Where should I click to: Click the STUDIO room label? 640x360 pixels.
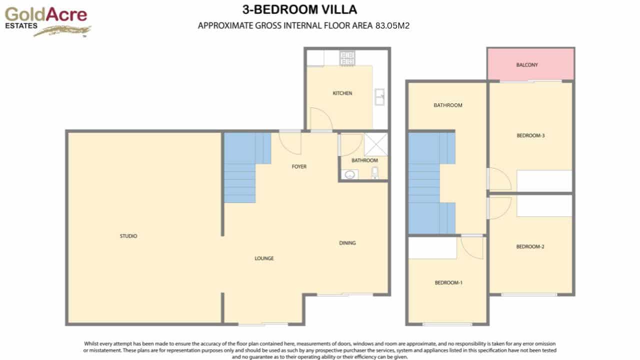tap(128, 236)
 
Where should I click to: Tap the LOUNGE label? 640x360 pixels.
tap(264, 258)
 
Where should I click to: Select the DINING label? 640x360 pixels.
tap(347, 243)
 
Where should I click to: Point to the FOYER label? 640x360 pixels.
tap(299, 166)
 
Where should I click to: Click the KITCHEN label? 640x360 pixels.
tap(342, 93)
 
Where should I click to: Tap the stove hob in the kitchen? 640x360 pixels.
tap(346, 58)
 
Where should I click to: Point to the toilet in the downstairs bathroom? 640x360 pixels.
tap(375, 173)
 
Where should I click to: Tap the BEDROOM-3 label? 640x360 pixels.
tap(530, 135)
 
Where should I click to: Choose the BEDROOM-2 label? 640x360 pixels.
tap(530, 246)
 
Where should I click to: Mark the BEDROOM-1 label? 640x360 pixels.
tap(448, 283)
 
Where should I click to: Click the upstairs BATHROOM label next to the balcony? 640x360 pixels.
tap(447, 105)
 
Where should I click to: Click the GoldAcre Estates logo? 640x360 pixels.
tap(46, 21)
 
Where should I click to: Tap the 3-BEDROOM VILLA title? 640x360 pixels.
tap(299, 9)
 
